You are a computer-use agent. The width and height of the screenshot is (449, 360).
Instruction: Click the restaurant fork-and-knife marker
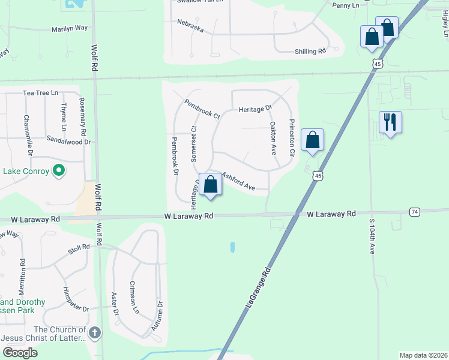(390, 122)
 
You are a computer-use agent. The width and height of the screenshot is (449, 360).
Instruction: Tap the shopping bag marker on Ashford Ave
(211, 184)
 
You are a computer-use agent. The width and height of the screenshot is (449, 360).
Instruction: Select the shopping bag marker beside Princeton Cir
(312, 140)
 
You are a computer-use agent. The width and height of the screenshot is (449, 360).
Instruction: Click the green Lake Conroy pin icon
(58, 172)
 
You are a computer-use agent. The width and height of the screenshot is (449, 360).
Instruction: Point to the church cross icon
(94, 332)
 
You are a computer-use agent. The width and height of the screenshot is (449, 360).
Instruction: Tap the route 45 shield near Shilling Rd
(377, 64)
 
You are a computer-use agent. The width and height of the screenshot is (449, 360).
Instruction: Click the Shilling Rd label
(310, 52)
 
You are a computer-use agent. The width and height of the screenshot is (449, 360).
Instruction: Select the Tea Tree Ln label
(40, 93)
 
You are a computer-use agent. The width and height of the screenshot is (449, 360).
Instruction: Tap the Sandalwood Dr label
(68, 142)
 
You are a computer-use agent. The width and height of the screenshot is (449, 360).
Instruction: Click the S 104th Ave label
(372, 236)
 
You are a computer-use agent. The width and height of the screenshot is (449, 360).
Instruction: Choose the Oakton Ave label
(273, 139)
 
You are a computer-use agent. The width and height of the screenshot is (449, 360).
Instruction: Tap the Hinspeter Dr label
(76, 300)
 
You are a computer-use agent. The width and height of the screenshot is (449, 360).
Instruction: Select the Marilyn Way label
(69, 29)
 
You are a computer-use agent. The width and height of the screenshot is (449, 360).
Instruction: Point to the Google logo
(19, 353)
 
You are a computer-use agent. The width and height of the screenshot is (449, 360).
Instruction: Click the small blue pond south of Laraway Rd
(232, 247)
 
